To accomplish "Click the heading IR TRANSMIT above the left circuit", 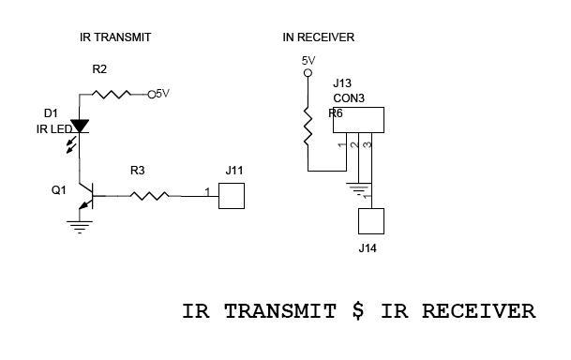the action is point(115,37).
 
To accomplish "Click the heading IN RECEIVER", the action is point(318,37).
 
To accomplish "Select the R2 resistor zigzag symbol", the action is point(111,95).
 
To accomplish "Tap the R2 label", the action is point(99,69).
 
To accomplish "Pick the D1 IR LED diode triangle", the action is point(80,126).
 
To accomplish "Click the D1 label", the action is point(51,113).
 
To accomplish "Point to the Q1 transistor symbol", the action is point(86,197).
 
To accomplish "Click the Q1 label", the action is point(59,190).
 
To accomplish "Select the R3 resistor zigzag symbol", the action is point(149,196).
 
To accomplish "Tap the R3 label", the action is point(137,171).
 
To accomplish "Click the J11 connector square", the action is point(232,196).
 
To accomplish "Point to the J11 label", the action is point(234,171).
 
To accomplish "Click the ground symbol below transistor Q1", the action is point(80,227).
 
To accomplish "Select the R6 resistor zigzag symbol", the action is point(308,127).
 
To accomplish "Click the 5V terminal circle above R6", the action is point(308,73).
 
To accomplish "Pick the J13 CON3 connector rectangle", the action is point(358,120).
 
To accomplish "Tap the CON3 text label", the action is point(349,98).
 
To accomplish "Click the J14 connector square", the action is point(371,221).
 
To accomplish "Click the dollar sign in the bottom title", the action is point(358,310).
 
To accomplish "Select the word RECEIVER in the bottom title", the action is point(478,311).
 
